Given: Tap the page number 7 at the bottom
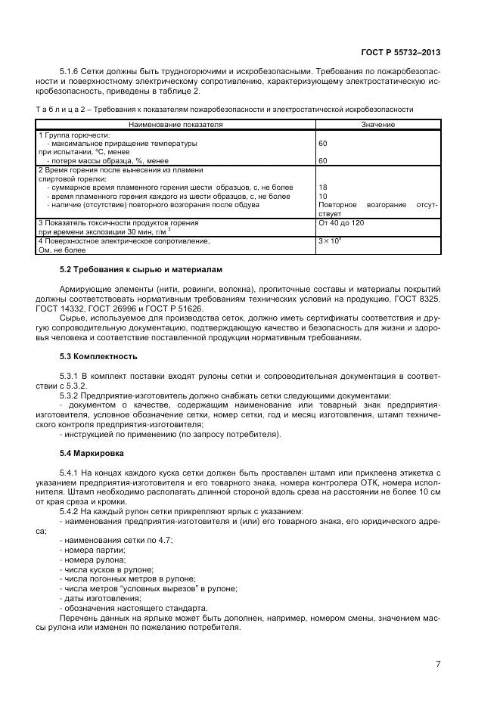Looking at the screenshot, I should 438,664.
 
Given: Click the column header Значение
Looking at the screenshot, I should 377,124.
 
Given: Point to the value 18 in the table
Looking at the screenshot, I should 324,187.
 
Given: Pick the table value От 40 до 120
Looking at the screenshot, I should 341,223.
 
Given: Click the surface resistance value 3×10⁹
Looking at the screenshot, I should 331,240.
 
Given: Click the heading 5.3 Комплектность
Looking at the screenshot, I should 98,355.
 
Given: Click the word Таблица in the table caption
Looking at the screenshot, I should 56,110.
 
